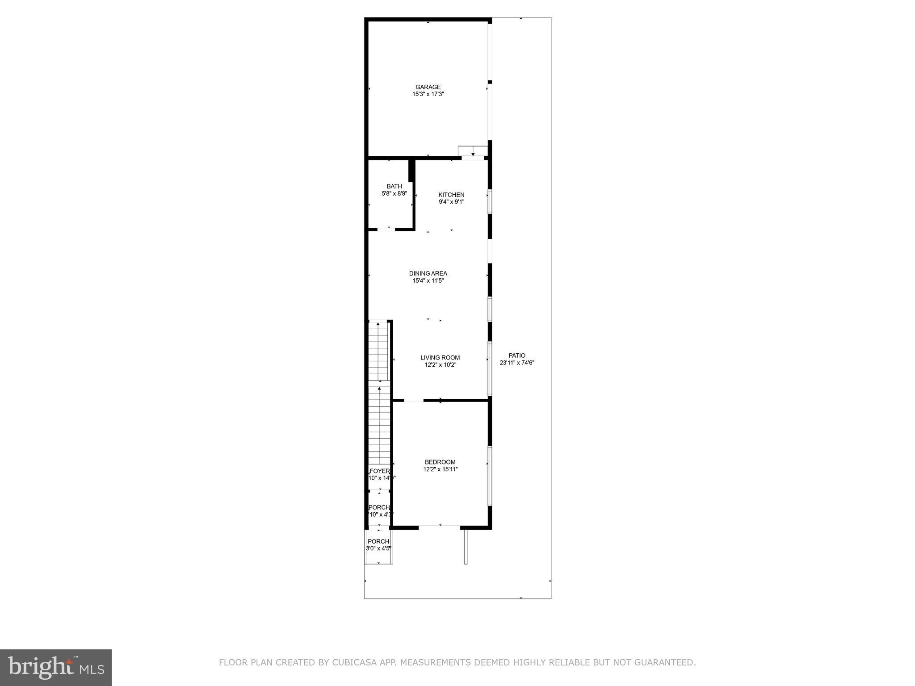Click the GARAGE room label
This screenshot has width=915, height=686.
(428, 87)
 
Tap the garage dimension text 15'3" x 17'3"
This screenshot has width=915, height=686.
(428, 94)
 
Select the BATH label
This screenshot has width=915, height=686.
(394, 186)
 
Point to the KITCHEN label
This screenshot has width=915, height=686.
(451, 195)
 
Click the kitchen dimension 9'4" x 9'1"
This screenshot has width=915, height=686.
(451, 202)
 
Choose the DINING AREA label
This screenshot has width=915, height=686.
(428, 273)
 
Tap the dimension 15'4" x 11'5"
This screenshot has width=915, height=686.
(428, 281)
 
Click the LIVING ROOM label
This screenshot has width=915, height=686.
(440, 357)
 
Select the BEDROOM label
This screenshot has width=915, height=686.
(440, 462)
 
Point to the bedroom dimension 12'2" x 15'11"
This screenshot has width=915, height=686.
(440, 469)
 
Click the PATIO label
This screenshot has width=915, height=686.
(517, 356)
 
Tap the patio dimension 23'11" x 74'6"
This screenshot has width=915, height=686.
(517, 363)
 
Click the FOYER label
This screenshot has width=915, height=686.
(379, 471)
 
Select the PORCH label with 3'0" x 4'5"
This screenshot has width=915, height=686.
(378, 541)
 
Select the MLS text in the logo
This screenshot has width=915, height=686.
(92, 669)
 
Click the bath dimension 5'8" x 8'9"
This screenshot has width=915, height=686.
(394, 194)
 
